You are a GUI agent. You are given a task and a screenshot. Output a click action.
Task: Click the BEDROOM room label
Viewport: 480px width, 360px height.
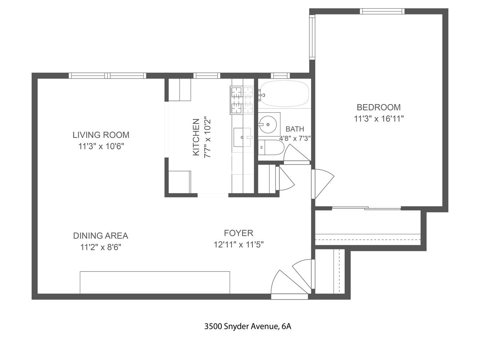pos(378,107)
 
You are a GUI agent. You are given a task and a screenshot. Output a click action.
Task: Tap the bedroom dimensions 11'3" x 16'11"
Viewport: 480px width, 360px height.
pos(378,119)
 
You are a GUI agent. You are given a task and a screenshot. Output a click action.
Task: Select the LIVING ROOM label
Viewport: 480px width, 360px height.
pos(101,135)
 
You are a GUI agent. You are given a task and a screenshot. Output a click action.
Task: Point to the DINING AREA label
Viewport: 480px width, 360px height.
pos(100,236)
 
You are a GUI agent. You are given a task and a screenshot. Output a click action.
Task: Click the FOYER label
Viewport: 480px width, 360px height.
pos(238,233)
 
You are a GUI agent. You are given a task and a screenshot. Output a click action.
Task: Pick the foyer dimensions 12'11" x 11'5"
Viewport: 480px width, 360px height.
pos(238,245)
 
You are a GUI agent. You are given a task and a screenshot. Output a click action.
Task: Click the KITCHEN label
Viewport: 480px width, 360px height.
pos(196,137)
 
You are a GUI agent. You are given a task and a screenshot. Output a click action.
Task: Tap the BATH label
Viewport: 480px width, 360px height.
pos(295,129)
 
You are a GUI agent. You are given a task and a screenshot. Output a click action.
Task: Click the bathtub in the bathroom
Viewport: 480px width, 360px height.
pos(284,94)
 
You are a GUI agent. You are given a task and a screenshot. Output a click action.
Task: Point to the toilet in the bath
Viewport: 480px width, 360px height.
pos(271,148)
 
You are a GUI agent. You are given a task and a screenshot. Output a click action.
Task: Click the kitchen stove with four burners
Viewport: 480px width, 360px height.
pos(242,100)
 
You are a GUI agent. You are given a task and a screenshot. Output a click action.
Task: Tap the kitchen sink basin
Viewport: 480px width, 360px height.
pos(242,137)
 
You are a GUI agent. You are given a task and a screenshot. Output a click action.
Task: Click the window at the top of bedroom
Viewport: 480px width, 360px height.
pos(382,11)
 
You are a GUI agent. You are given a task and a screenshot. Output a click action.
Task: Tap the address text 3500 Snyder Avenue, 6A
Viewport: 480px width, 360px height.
pos(247,327)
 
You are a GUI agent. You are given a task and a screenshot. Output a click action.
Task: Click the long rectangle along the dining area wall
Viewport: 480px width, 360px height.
pos(155,283)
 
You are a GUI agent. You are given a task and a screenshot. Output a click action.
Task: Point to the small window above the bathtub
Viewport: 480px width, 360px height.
pos(280,76)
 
